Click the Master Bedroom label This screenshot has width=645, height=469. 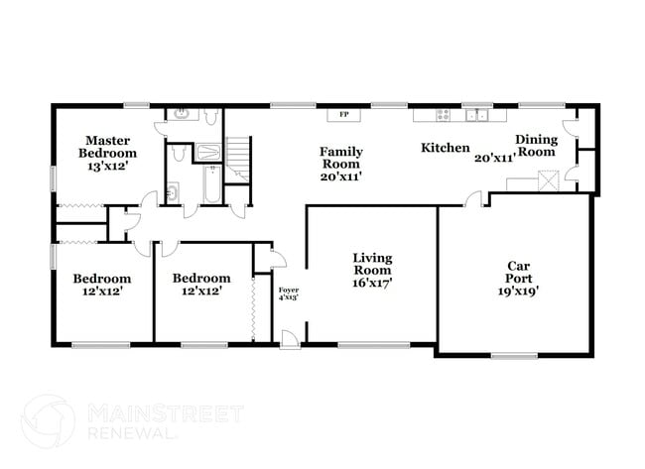108,147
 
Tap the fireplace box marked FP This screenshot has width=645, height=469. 344,115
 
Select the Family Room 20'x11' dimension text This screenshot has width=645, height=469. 339,176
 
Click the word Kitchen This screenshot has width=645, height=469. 446,148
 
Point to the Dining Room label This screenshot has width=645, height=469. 537,146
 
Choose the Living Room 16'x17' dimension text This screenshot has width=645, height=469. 372,282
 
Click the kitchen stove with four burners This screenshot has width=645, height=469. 445,114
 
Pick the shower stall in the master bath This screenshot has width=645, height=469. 210,153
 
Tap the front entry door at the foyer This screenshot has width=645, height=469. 289,340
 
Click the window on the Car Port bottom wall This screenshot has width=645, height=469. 513,354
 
